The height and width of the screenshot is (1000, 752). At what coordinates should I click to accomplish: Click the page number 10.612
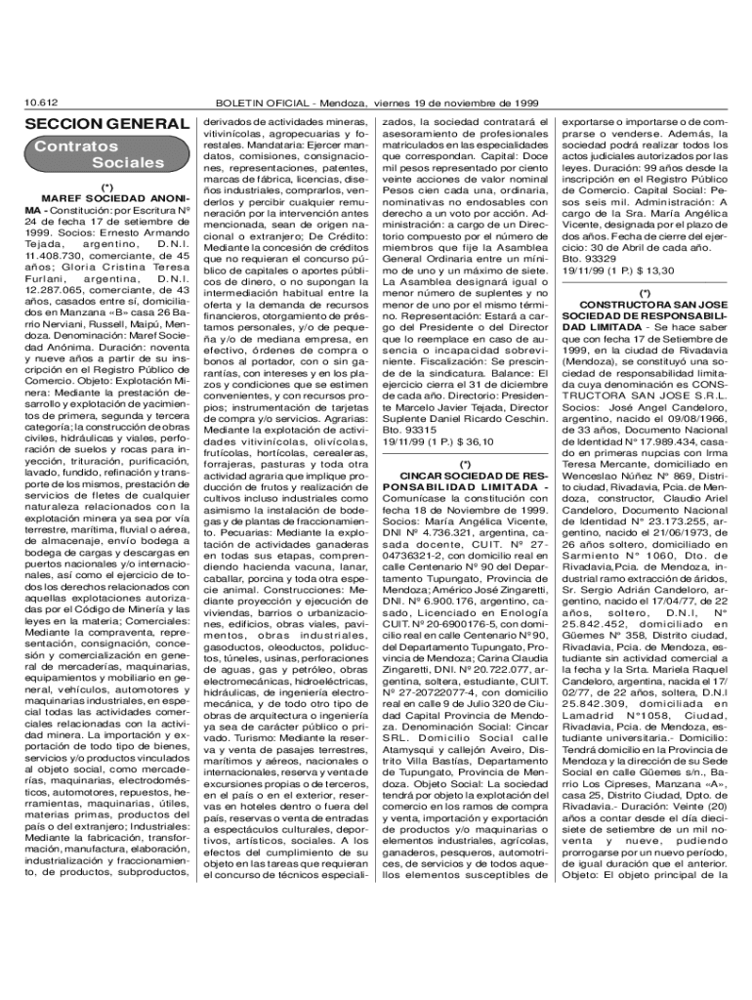pyautogui.click(x=42, y=102)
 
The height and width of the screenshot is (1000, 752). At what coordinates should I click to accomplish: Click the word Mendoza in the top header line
pyautogui.click(x=390, y=102)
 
